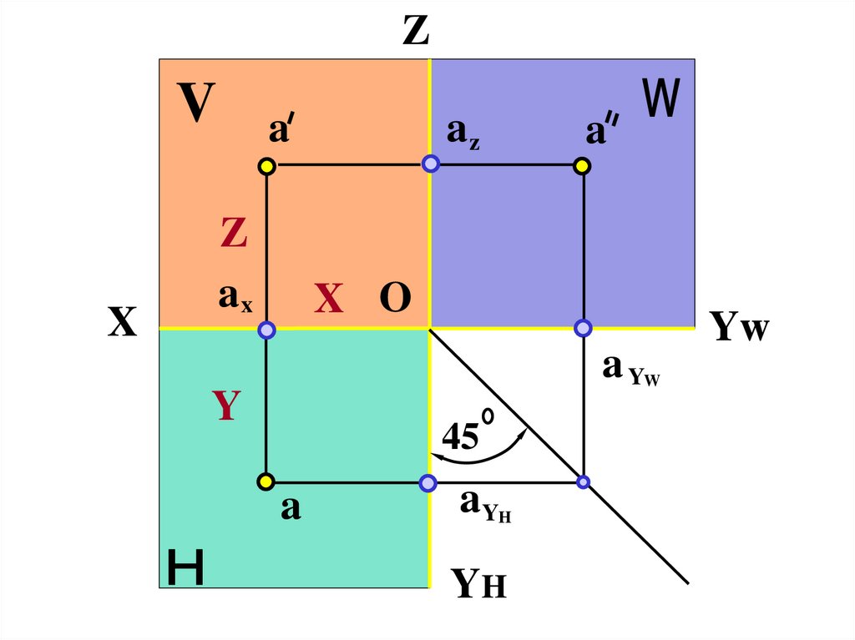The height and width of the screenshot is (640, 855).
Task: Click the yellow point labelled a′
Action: tap(266, 166)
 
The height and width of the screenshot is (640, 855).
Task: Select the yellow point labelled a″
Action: tap(583, 166)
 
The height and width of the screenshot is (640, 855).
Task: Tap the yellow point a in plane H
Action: tap(266, 481)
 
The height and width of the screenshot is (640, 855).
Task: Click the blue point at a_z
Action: tap(430, 164)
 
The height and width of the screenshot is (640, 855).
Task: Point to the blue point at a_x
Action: tap(266, 330)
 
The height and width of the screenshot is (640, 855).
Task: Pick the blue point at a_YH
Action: tap(428, 482)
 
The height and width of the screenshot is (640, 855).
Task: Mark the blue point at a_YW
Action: tap(583, 328)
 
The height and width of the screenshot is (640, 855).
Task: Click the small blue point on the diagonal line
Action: tap(583, 481)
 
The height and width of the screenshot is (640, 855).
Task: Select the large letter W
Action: tap(661, 98)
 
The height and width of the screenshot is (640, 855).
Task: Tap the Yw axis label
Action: tap(740, 328)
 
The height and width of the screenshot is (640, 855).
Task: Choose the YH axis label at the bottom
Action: tap(479, 584)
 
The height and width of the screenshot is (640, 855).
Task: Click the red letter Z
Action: tap(234, 234)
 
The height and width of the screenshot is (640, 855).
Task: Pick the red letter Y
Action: tap(226, 406)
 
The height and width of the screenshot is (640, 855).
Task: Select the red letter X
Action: tap(329, 299)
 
